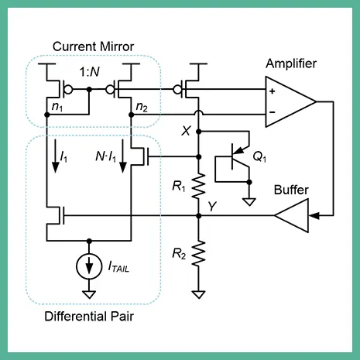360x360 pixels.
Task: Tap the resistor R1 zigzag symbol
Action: [199, 187]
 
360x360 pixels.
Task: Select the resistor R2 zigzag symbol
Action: [199, 253]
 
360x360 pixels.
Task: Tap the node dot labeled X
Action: [199, 132]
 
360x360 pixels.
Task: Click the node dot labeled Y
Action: [199, 216]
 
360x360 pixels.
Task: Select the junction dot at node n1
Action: [47, 115]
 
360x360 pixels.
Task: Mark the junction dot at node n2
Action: [132, 115]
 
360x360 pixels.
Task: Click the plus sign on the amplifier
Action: [273, 91]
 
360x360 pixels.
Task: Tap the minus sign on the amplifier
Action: [273, 112]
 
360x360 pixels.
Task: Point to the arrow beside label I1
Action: [56, 156]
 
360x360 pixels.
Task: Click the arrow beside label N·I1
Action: [123, 156]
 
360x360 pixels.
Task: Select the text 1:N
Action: [90, 72]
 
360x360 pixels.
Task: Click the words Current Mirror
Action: [93, 46]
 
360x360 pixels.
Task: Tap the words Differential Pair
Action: [89, 317]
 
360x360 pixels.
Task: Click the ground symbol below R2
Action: [199, 294]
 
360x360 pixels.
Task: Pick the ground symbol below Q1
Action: [249, 202]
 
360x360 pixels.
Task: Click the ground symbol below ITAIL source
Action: [89, 294]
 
